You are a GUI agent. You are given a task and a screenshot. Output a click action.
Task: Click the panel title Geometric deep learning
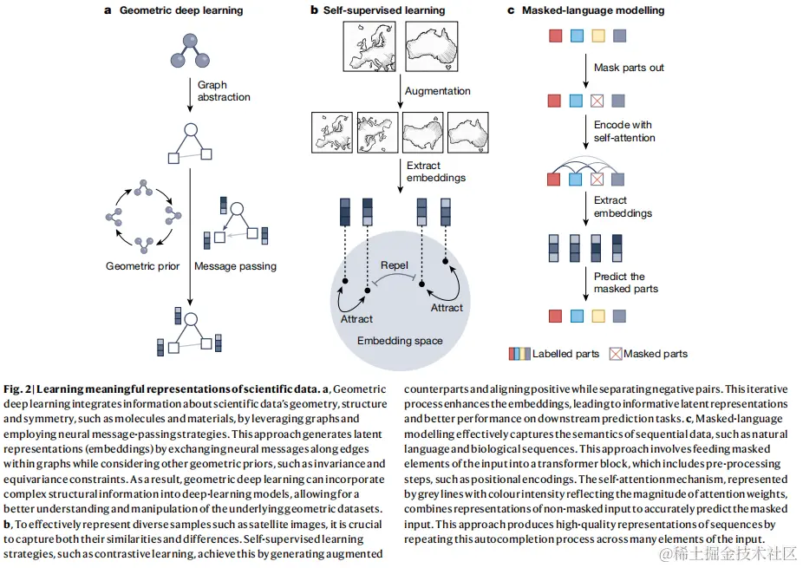180,10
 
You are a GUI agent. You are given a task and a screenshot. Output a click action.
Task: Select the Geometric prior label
142,266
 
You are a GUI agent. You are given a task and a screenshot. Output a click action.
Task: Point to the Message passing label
236,266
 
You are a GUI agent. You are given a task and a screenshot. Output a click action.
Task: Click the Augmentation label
438,90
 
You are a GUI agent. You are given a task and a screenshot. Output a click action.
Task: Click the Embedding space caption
400,341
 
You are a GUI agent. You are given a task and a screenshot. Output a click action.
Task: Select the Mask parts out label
629,68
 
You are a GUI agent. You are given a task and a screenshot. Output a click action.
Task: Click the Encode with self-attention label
624,131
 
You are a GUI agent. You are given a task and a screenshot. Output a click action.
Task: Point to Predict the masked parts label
625,283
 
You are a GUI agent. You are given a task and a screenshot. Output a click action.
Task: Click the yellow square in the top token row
597,36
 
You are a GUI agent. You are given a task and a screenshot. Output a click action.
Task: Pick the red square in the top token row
555,36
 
